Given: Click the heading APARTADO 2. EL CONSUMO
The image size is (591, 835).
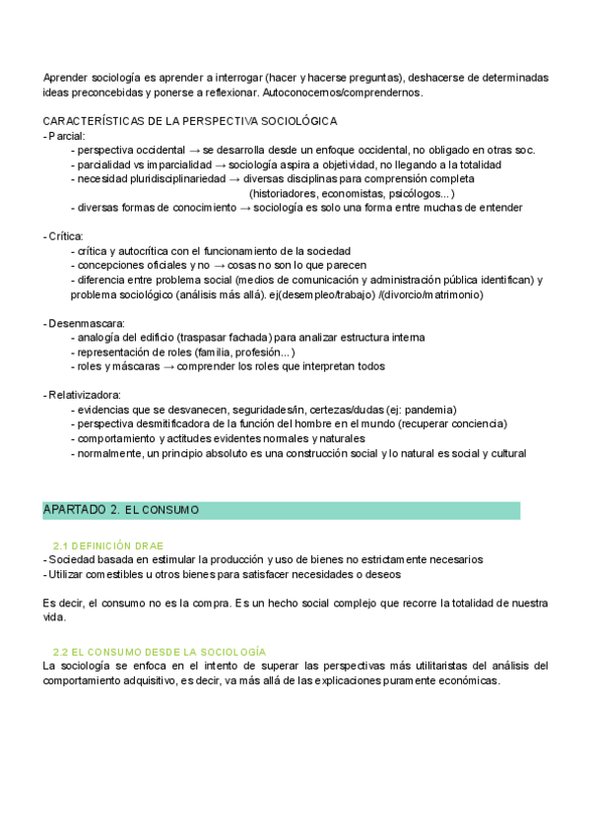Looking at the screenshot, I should (x=121, y=510).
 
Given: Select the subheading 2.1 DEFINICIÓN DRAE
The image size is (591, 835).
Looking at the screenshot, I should (x=108, y=546).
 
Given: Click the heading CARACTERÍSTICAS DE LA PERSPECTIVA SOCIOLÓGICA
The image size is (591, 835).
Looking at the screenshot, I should (x=190, y=121).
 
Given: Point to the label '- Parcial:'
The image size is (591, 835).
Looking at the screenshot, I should (x=65, y=136).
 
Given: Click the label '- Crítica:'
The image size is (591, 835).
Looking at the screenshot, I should (x=64, y=236).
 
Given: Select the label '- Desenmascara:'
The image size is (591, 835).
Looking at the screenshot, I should (x=78, y=323).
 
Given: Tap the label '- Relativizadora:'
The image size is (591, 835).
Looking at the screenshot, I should (x=80, y=395).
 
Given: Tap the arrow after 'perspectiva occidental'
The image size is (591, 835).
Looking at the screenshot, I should (x=194, y=151).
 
